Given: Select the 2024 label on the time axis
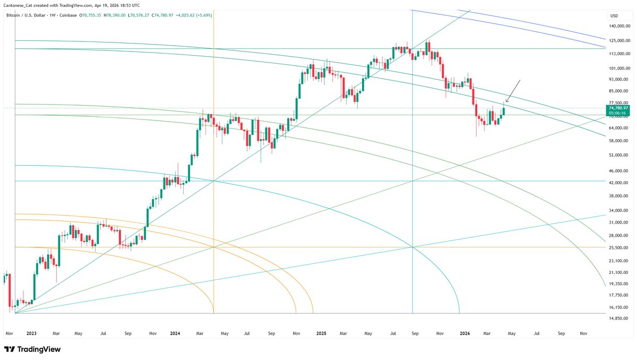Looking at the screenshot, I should pyautogui.click(x=175, y=333).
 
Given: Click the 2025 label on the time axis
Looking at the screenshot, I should pyautogui.click(x=321, y=333).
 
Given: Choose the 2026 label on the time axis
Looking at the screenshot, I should pyautogui.click(x=465, y=333).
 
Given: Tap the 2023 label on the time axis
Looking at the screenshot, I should pyautogui.click(x=31, y=333).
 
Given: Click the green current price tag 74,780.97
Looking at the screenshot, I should pyautogui.click(x=618, y=108).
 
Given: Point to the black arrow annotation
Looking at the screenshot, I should pyautogui.click(x=513, y=91).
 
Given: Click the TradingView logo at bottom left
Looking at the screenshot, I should pyautogui.click(x=32, y=349).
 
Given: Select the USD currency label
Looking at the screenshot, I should pyautogui.click(x=614, y=15).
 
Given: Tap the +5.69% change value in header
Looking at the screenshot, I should pyautogui.click(x=205, y=15).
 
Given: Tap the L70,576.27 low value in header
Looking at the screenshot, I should pyautogui.click(x=141, y=15).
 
